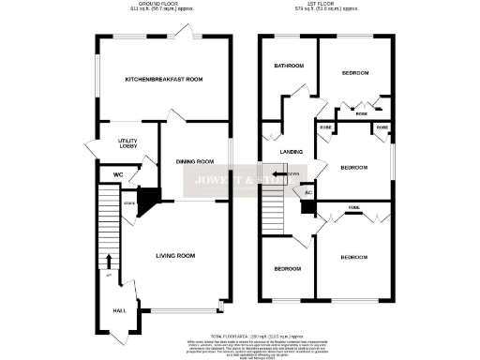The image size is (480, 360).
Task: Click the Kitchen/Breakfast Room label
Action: click(164, 80)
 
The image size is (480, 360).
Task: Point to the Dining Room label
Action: click(196, 161)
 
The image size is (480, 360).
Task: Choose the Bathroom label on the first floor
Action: click(289, 67)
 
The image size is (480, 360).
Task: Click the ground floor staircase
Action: click(107, 225)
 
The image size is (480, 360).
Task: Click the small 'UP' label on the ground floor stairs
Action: click(108, 275)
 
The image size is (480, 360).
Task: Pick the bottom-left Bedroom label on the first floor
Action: click(288, 269)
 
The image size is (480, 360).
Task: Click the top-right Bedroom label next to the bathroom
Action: click(354, 72)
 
